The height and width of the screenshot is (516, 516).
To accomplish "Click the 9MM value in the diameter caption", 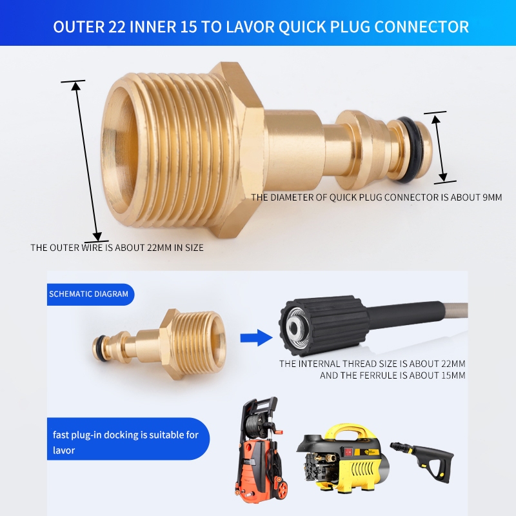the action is coord(492,197).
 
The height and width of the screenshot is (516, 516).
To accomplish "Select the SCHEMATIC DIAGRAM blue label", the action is coord(90,294).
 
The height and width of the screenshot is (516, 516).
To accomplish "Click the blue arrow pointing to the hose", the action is coord(256,337).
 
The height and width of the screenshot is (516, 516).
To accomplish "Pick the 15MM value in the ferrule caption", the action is coord(453,375).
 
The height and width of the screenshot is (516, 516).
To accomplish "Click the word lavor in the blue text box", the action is coord(64,450).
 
